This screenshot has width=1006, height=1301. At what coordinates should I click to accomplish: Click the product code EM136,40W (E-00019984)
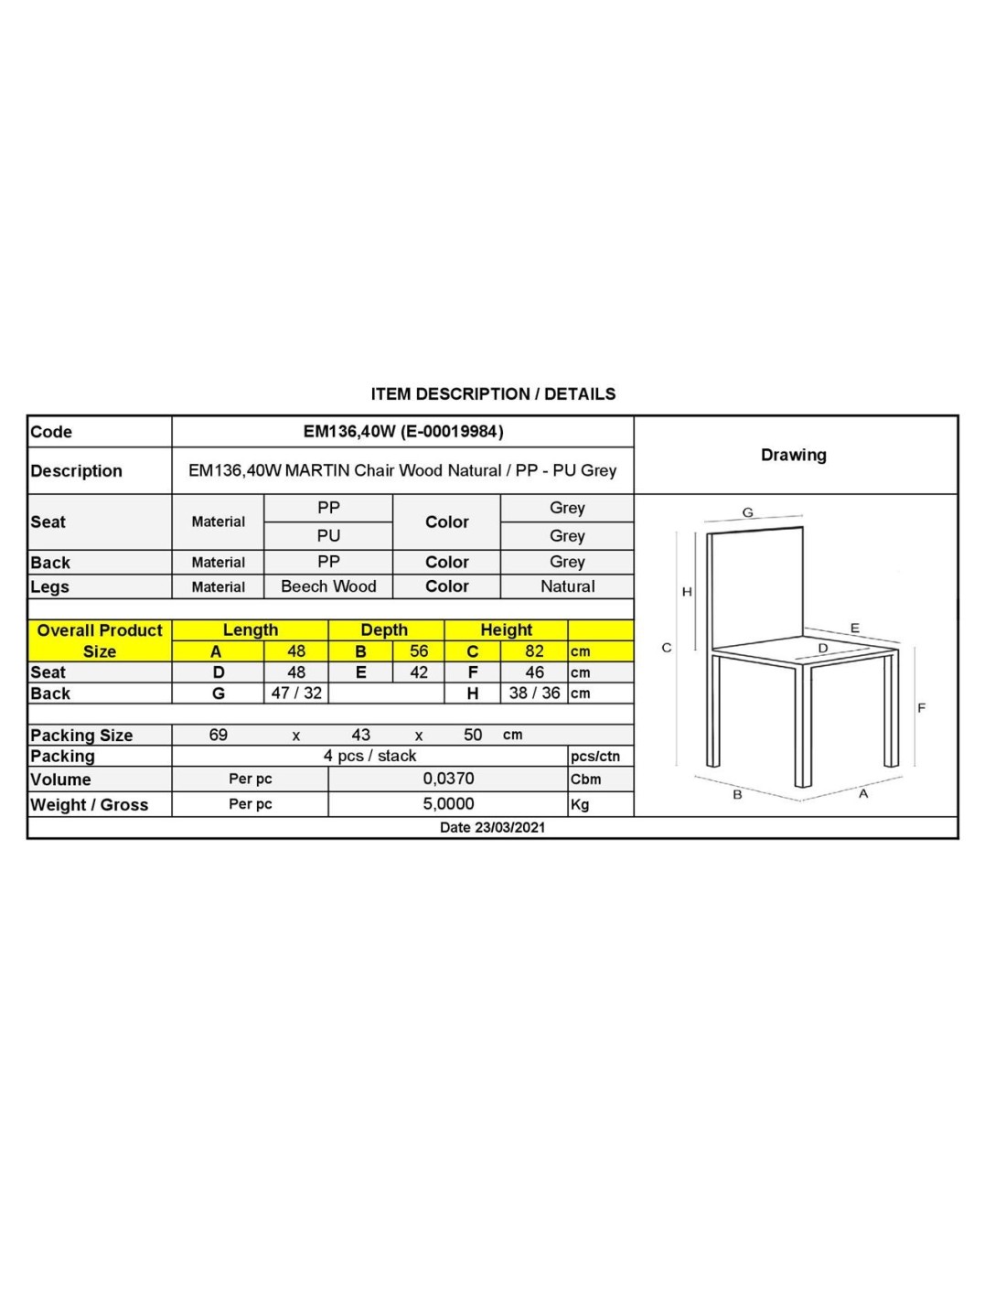click(x=403, y=431)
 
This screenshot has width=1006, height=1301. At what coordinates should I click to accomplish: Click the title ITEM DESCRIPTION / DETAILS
click(x=493, y=393)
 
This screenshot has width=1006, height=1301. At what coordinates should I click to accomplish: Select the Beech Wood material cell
click(x=328, y=586)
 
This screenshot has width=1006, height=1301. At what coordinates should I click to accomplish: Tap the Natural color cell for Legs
click(x=567, y=586)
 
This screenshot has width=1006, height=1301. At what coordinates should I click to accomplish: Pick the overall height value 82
click(x=534, y=651)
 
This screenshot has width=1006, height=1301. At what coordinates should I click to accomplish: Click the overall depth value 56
click(x=419, y=651)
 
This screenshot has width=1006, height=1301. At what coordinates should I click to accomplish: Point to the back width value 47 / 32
click(x=296, y=694)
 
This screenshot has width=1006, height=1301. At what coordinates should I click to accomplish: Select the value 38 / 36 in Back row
click(x=534, y=694)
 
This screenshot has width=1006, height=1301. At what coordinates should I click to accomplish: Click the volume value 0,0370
click(x=448, y=779)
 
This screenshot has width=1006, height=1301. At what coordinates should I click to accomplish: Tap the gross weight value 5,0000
click(x=448, y=804)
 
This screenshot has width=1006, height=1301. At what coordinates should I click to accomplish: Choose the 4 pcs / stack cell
click(x=369, y=756)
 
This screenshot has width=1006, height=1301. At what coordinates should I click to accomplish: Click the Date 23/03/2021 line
click(x=492, y=827)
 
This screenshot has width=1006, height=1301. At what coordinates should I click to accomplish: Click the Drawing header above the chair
click(x=793, y=455)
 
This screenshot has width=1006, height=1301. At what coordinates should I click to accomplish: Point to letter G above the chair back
click(x=747, y=512)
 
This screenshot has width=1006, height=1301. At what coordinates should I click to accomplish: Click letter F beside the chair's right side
click(x=921, y=707)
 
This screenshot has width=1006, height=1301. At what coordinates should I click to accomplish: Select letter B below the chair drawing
click(x=737, y=795)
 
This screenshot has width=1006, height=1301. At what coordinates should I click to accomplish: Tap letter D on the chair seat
click(x=822, y=648)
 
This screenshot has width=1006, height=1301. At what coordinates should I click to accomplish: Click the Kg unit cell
click(x=580, y=805)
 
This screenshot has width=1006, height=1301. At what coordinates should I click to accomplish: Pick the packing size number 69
click(x=219, y=735)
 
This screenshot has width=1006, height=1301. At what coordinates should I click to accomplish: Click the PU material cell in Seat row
click(x=328, y=535)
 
